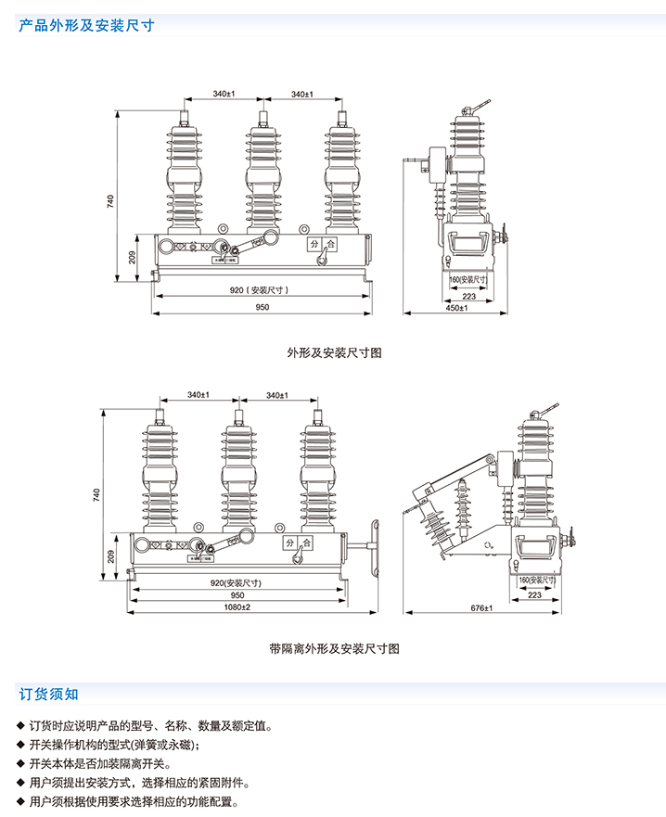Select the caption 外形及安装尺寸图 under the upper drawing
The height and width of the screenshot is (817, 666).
point(334,352)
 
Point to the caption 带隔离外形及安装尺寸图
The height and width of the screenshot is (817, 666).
point(334,648)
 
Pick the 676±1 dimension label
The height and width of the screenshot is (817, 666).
point(481,607)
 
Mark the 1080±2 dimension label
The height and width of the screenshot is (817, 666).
point(237,607)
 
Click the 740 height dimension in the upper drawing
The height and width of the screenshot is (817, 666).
point(110,199)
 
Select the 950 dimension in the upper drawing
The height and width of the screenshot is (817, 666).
point(263,308)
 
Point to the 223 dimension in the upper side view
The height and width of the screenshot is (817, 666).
point(468,296)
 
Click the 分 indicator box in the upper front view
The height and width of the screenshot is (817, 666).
point(315,245)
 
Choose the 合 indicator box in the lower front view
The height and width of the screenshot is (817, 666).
point(307,543)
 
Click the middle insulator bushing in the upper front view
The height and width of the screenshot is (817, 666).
point(263,176)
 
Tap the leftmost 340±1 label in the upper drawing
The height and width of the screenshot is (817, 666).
point(223,95)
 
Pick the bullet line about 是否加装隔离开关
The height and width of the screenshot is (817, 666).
point(101,763)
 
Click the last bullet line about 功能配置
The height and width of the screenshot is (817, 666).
point(134,801)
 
